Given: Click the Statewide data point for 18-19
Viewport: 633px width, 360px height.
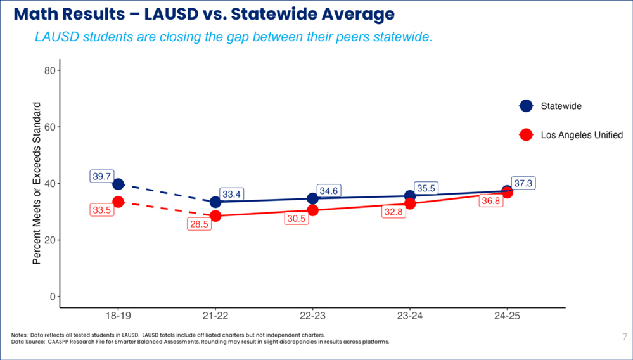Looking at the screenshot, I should pos(118,184).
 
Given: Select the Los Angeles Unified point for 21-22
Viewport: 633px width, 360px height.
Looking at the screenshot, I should pos(215,216).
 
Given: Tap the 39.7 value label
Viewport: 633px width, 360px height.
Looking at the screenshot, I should pos(102,177).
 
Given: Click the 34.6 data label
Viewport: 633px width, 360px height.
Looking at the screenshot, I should pos(329,190).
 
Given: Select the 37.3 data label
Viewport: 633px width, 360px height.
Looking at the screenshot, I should pos(523,183).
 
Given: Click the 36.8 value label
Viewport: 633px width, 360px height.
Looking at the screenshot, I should pos(490,200).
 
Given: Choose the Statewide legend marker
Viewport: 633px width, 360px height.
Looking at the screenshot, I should pos(526,106).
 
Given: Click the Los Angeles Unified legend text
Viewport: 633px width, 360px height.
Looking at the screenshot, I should pos(582,135).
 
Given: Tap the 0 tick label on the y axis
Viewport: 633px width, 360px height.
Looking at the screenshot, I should pos(51,297).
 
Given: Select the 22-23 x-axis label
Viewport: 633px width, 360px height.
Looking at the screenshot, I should pos(313,315).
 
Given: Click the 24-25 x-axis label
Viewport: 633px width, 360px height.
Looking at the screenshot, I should pos(507,315).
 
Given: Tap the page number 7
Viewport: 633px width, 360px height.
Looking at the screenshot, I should pos(625,337).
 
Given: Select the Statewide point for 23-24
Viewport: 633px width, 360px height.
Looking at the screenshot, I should pos(410,196).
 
